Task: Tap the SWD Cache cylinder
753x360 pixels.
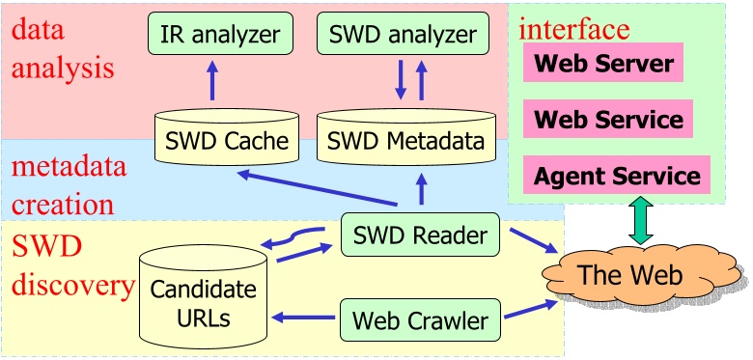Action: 223,138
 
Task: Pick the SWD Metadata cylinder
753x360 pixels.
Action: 404,138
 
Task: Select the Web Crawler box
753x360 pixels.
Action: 420,318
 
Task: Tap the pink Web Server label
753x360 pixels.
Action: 603,65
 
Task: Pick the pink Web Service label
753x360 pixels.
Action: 608,120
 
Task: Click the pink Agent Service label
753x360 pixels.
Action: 617,176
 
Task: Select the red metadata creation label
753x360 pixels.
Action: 63,186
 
